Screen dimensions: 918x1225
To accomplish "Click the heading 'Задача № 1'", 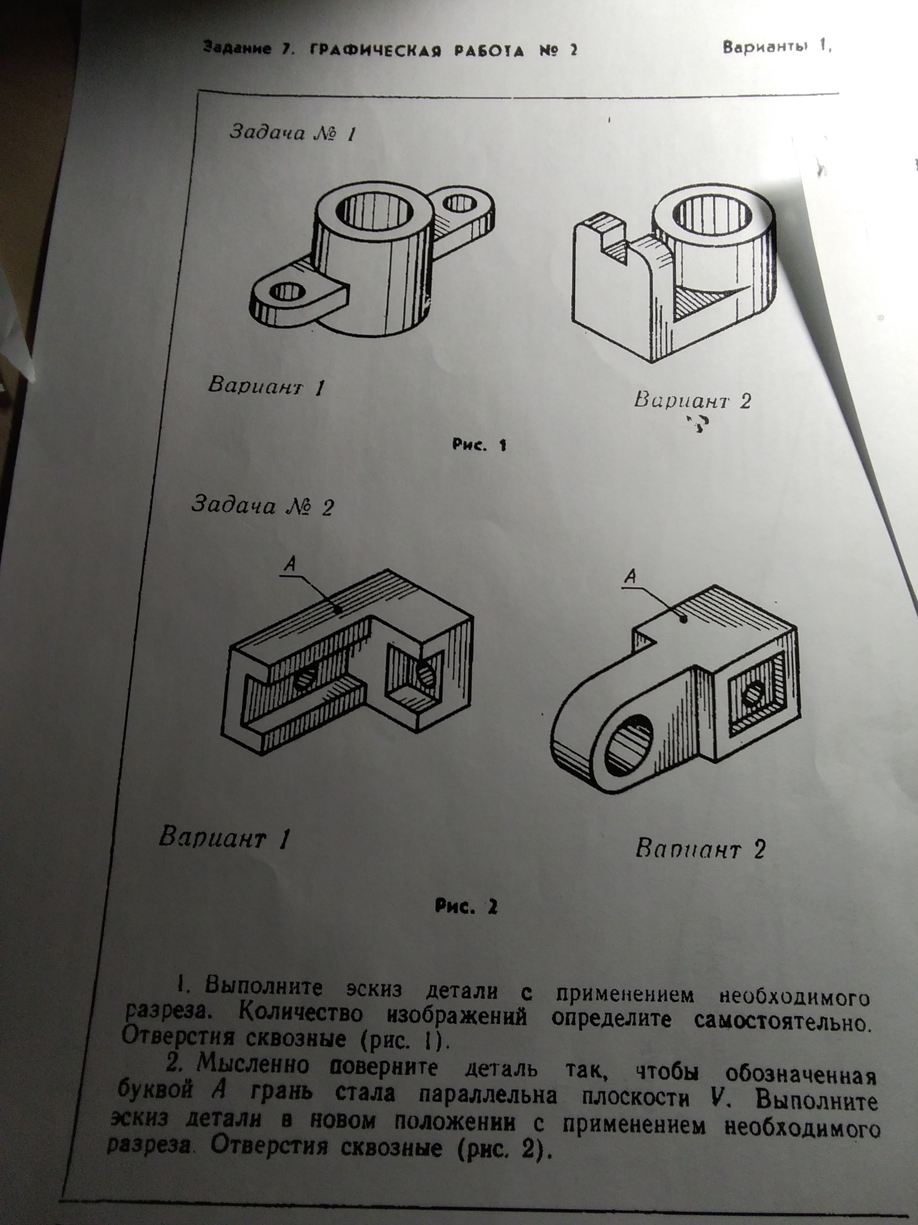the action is click(292, 133).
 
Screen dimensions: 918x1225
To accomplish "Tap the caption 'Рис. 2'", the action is click(466, 906).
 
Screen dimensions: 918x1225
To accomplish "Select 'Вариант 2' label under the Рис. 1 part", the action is click(692, 400).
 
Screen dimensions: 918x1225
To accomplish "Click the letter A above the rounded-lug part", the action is click(630, 576).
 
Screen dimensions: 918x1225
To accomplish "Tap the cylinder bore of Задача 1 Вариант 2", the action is click(714, 214).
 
